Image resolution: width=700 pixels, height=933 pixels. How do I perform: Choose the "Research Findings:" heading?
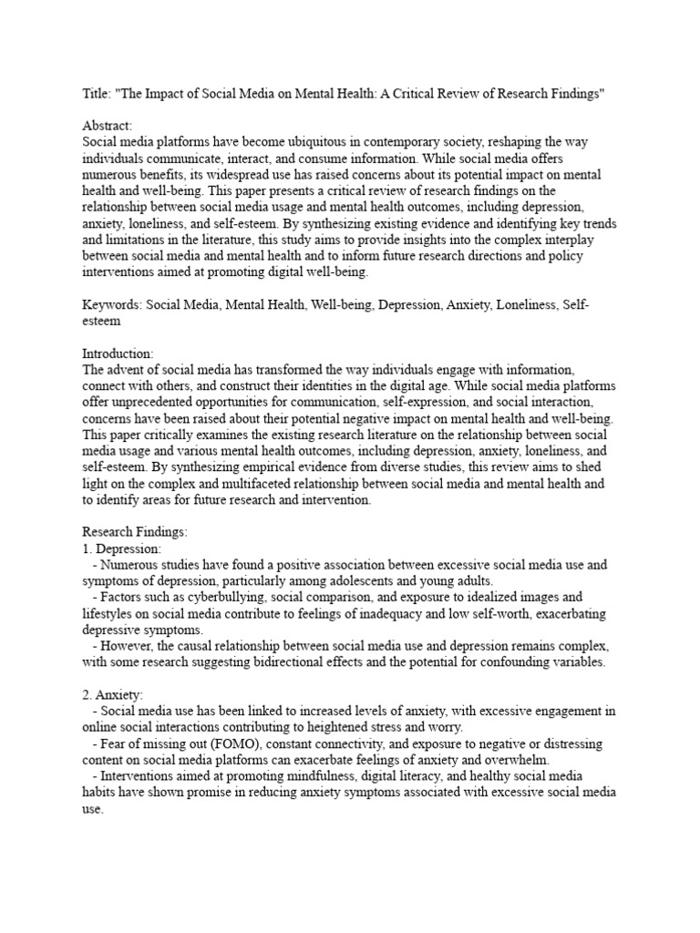134,532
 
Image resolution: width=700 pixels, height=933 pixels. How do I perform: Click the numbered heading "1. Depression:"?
122,549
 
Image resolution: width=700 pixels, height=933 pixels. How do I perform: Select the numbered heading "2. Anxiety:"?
112,695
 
